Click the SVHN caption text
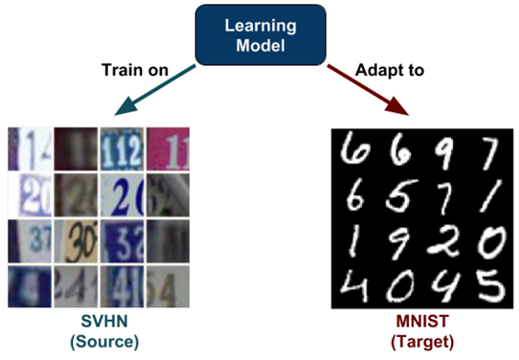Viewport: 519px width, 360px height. click(x=97, y=323)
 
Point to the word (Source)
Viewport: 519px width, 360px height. click(x=97, y=341)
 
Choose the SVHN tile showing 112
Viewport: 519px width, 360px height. click(x=120, y=148)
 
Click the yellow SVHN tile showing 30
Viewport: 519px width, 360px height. click(x=75, y=240)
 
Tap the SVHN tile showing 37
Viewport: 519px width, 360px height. click(x=30, y=240)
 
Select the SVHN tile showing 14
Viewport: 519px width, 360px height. click(x=30, y=148)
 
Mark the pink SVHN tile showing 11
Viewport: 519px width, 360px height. click(x=167, y=148)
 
